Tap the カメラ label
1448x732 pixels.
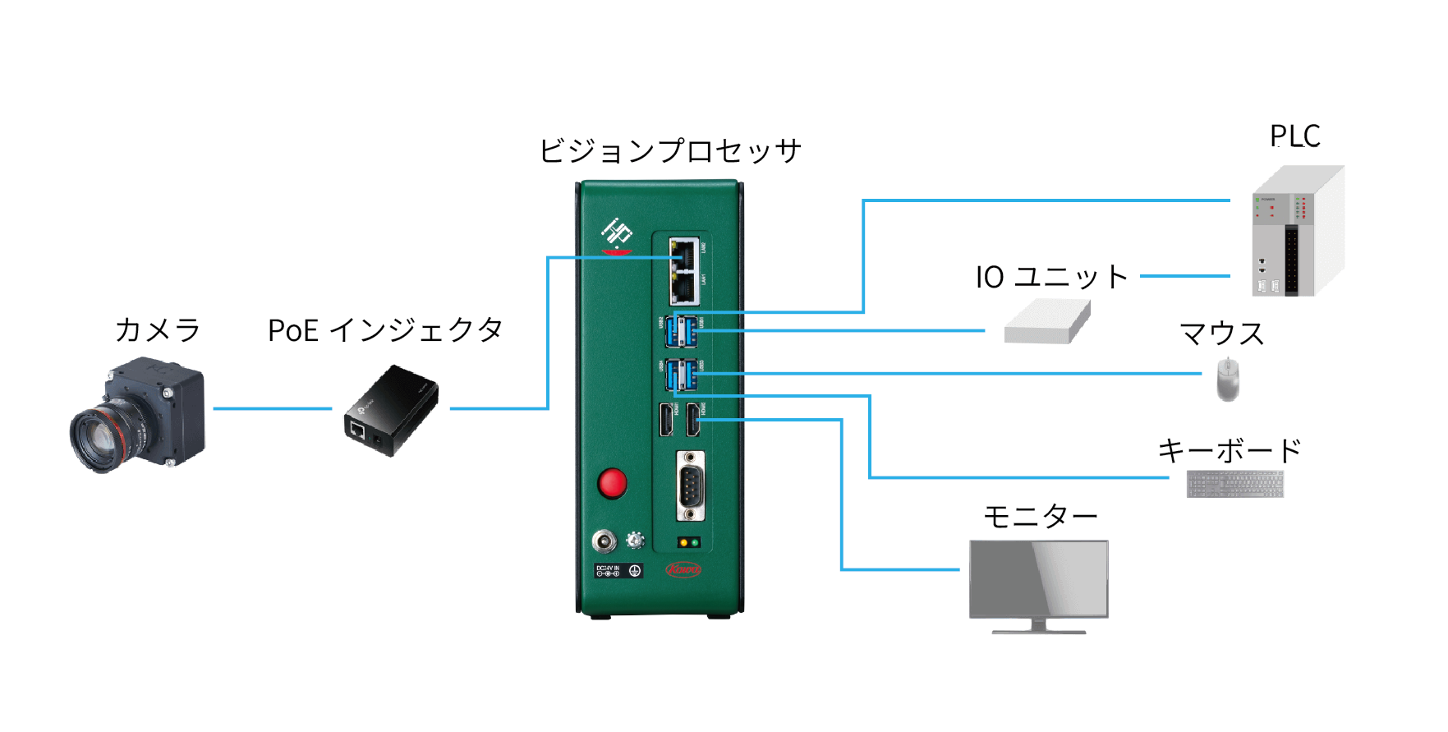click(x=158, y=330)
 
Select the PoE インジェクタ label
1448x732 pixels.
click(x=385, y=330)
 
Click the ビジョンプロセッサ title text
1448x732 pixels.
click(x=669, y=151)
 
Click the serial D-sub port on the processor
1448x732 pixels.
click(x=690, y=486)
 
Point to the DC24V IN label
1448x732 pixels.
click(x=608, y=570)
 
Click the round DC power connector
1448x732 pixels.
click(x=604, y=541)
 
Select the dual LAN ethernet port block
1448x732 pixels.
click(x=684, y=272)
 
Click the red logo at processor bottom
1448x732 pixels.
click(x=683, y=569)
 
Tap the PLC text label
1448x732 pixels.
click(x=1294, y=136)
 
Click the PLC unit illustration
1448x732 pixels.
click(x=1295, y=234)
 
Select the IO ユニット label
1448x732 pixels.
click(x=1051, y=277)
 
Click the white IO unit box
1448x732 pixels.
click(x=1046, y=323)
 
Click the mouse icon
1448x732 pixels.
click(x=1227, y=380)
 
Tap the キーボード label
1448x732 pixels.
click(x=1230, y=451)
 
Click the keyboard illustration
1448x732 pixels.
click(x=1234, y=484)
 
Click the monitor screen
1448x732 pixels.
click(x=1038, y=578)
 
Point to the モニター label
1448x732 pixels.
click(x=1040, y=517)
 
